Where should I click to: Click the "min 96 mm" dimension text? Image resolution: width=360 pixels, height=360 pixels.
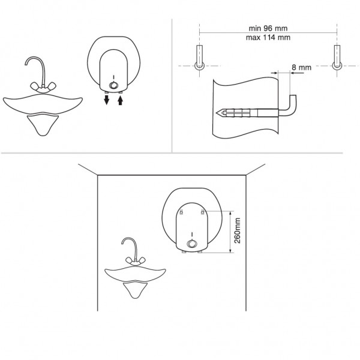[x=268, y=28]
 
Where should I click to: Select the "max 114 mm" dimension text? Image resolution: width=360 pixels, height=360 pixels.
[x=268, y=37]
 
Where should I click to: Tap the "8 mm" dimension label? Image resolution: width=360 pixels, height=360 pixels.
[x=301, y=67]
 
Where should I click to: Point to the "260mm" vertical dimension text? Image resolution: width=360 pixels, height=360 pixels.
[x=237, y=230]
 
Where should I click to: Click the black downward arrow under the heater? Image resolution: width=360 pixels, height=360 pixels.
[x=106, y=100]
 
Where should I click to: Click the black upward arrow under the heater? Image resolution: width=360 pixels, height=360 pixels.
[x=121, y=100]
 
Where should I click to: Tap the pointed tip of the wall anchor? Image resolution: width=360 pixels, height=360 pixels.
[x=217, y=113]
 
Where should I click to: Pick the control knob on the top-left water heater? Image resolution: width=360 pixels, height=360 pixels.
[x=113, y=85]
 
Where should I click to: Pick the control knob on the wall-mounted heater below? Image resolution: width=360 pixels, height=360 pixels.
[x=192, y=244]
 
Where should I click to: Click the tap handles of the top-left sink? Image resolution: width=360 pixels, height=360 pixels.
[x=43, y=87]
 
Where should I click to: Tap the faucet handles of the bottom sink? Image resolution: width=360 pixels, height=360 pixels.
[x=136, y=261]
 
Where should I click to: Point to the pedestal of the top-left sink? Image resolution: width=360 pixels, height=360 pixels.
[x=43, y=125]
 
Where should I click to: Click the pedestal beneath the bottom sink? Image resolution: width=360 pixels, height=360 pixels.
[x=135, y=290]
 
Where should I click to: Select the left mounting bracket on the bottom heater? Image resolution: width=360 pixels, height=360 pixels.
[x=181, y=212]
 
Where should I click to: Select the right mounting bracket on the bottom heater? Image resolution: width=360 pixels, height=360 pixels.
[x=202, y=212]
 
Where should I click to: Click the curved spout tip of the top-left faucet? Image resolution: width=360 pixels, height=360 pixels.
[x=26, y=64]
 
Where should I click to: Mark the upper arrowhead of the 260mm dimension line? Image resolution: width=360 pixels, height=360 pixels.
[x=230, y=212]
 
